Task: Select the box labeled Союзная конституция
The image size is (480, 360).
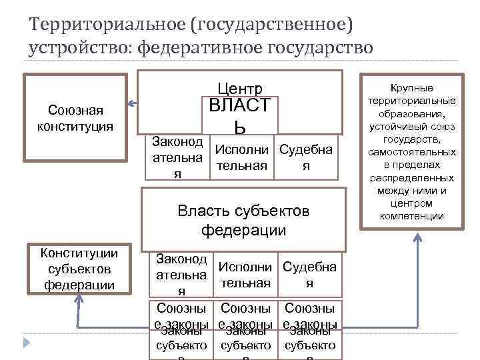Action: (x=75, y=117)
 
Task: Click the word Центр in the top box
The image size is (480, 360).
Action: (x=240, y=89)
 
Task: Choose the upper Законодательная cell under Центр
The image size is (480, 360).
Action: (x=177, y=157)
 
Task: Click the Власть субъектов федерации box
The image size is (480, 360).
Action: (x=243, y=221)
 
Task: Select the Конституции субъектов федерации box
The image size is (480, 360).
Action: (x=79, y=269)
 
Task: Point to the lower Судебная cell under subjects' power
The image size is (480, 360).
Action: (x=309, y=275)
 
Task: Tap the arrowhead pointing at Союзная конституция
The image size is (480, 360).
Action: (x=132, y=103)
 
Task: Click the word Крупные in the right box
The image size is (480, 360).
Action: (x=411, y=88)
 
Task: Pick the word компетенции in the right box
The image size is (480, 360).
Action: (x=411, y=215)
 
